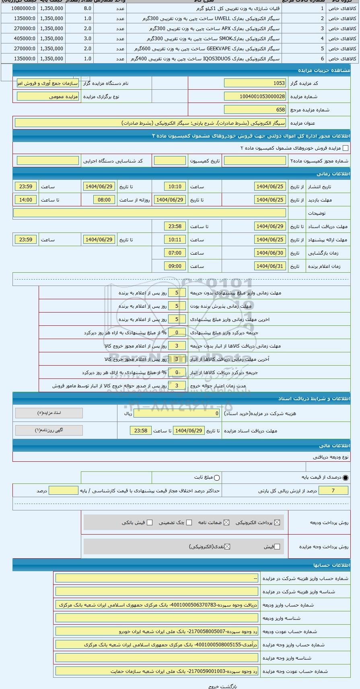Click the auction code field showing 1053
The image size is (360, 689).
(x=255, y=83)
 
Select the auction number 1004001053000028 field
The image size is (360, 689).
(x=255, y=97)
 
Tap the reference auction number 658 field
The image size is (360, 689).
(x=255, y=109)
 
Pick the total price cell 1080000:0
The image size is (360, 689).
(x=19, y=8)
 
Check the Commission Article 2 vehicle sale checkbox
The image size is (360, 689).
(x=345, y=148)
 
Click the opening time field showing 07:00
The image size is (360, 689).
(x=175, y=253)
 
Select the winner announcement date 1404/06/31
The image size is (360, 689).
(x=270, y=266)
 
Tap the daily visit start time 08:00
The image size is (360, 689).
(x=104, y=200)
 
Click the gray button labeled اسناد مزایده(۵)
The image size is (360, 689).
(x=49, y=413)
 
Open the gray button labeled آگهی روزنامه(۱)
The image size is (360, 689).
(x=49, y=430)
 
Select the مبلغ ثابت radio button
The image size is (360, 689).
(x=217, y=478)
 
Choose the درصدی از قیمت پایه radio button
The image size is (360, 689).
(x=346, y=478)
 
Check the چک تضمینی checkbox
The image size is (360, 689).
(x=189, y=522)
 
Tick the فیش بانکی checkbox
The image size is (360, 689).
(x=150, y=522)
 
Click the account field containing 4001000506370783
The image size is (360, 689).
(x=157, y=605)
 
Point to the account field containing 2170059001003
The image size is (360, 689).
(x=157, y=671)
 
